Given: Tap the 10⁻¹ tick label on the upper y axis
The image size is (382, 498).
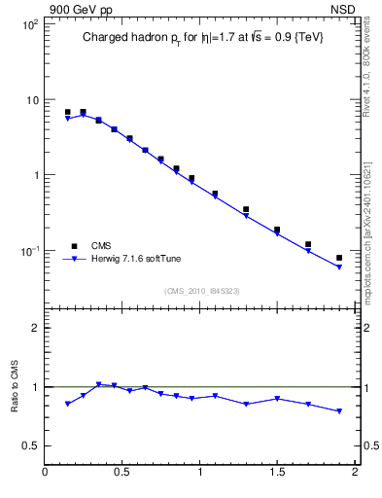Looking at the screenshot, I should [28, 251].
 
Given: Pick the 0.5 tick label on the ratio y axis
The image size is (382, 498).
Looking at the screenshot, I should [29, 445].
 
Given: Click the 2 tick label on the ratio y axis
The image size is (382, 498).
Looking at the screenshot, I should [34, 328].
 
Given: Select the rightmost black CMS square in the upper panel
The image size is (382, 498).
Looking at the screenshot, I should [339, 258].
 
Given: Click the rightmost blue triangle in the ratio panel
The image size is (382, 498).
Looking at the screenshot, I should [339, 411].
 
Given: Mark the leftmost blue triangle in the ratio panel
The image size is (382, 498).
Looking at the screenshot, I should [67, 404].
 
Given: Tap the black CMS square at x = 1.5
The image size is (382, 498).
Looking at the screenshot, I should [277, 230].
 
